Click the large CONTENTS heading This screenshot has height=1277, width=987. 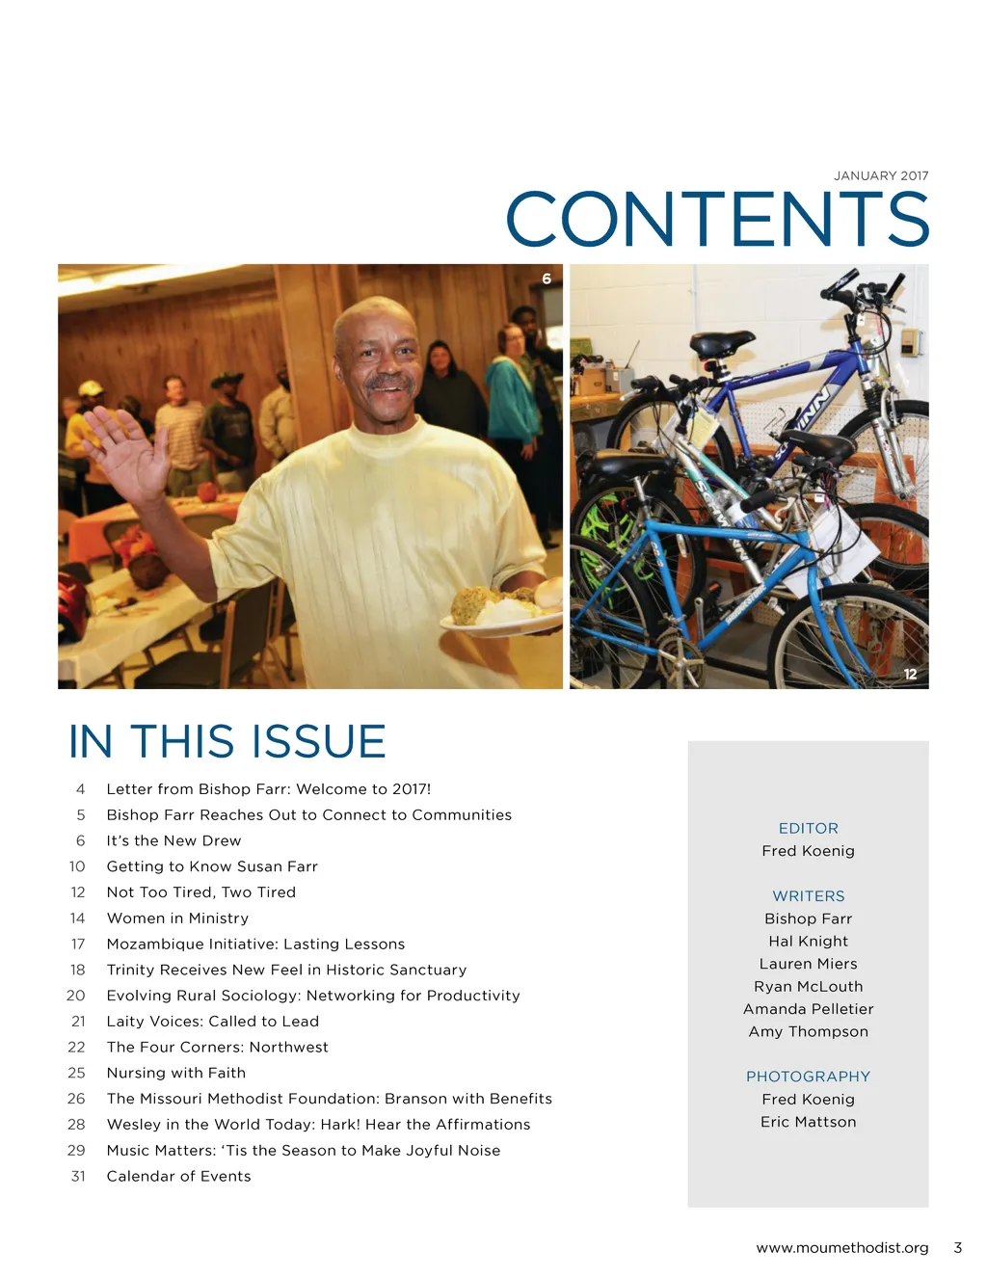point(717,219)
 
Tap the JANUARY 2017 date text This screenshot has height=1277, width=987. point(881,175)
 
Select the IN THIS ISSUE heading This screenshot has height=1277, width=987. point(227,741)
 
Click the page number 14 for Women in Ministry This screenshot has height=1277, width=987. point(77,918)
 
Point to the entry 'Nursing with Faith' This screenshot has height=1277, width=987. point(175,1073)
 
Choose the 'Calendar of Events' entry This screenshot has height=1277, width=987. point(178,1176)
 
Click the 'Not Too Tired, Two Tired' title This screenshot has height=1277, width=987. point(200,892)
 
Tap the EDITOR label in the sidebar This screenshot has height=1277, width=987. point(808,828)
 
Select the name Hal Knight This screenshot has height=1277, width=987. point(808,941)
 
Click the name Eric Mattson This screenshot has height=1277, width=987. point(808,1122)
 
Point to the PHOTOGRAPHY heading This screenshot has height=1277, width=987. point(808,1077)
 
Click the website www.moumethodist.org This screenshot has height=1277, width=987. point(841,1247)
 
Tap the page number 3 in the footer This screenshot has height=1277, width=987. point(957,1247)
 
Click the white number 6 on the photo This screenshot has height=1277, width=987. point(547,279)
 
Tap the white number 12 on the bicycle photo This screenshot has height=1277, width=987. point(910,674)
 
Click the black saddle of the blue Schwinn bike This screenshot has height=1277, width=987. point(721,343)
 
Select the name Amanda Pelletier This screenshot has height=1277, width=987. point(808,1009)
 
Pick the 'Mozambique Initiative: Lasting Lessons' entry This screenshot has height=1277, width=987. point(255,944)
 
